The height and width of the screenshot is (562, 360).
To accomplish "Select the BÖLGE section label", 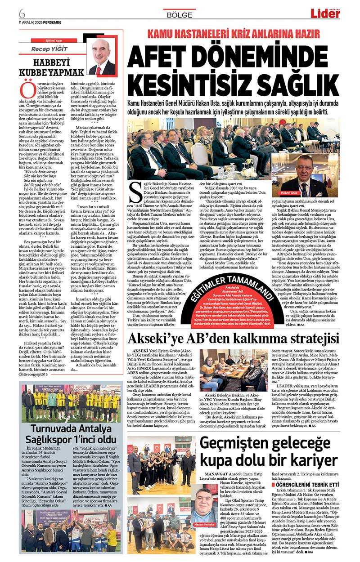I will point(180,14).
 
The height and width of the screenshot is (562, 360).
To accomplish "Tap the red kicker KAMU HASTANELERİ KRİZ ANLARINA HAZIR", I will point(234,33).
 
